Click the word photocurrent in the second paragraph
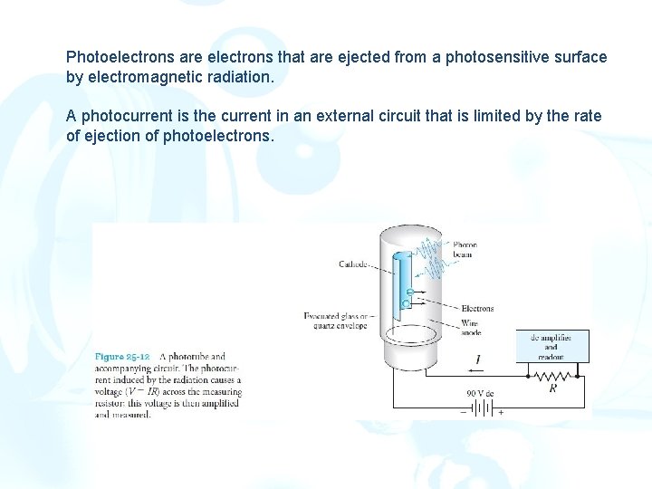[128, 117]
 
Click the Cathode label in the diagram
[353, 264]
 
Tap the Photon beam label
[465, 250]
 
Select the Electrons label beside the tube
[477, 309]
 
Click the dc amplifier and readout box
[551, 346]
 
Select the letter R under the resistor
[552, 388]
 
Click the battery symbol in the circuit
[483, 407]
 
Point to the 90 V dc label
[482, 393]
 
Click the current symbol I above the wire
[477, 360]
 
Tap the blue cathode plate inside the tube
[398, 272]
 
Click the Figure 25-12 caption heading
[122, 357]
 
